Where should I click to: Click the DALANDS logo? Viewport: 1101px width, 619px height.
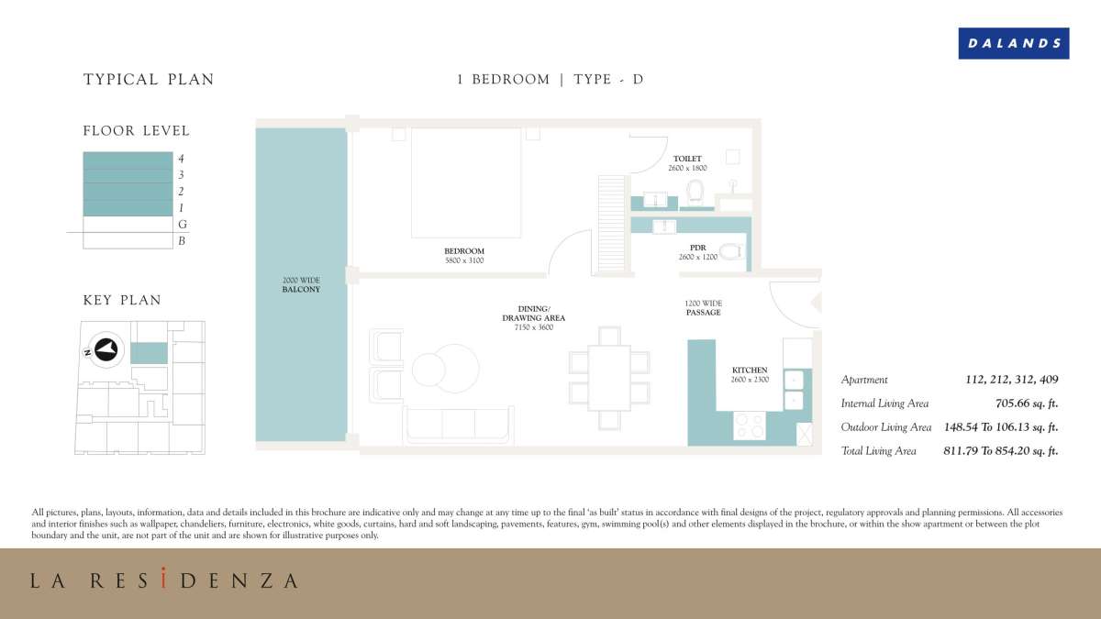[1013, 43]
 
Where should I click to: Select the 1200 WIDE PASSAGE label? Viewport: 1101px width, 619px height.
[703, 307]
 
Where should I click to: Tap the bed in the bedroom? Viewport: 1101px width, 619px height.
[465, 182]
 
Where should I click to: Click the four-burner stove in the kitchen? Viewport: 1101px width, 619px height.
[751, 425]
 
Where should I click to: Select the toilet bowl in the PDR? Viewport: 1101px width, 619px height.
[730, 250]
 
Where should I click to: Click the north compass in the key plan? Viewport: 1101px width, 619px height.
[106, 348]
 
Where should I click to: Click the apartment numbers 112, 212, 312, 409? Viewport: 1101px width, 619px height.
[1012, 380]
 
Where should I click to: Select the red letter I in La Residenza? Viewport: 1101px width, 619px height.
[162, 580]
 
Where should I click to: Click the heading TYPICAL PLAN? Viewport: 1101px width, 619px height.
[149, 80]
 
